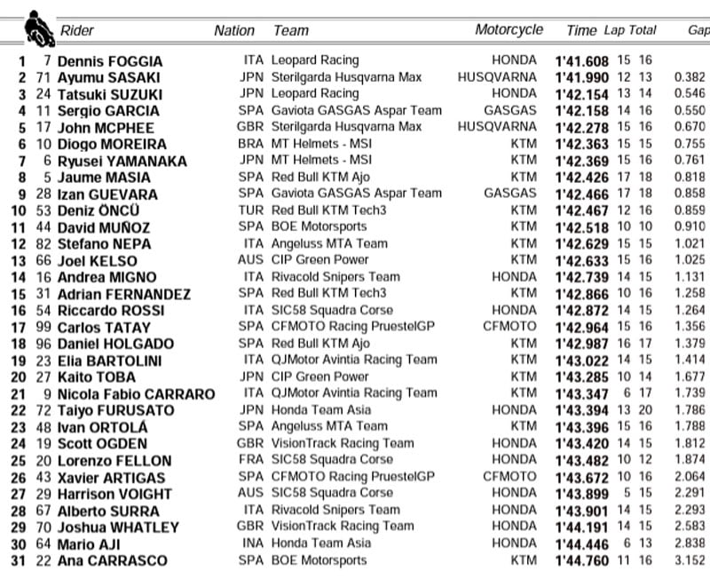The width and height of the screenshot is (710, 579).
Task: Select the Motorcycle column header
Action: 509,29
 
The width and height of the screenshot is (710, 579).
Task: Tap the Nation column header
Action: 234,30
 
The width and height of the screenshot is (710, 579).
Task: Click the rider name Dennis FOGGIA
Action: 110,61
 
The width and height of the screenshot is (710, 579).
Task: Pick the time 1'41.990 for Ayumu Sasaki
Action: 582,78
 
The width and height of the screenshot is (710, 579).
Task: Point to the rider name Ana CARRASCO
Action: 112,560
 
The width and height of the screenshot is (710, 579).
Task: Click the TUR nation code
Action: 253,210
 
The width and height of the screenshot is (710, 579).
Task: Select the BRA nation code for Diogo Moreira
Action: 252,144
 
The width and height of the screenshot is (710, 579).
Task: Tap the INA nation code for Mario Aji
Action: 254,543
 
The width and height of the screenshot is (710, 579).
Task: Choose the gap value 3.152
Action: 689,560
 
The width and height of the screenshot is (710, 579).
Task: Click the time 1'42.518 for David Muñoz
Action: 582,227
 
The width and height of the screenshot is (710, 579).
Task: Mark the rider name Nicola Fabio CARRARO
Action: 136,394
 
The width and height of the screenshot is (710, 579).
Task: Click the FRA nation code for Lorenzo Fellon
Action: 253,460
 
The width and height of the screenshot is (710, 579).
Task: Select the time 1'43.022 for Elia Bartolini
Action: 582,361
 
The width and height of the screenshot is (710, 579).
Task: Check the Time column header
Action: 581,30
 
